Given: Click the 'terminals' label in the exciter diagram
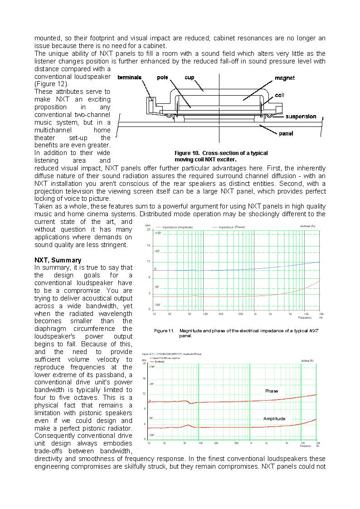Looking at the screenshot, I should pos(130,78).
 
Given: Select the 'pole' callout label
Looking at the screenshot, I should pos(163,78).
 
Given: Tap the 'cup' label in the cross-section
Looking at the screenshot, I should pos(190,78).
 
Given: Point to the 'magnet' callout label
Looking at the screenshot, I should pos(285,78).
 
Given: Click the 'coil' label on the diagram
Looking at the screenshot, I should pos(280,96).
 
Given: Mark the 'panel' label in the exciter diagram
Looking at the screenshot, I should pos(286,133).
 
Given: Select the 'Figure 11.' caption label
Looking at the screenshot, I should pos(164,331).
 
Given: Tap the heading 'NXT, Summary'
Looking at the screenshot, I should pos(58,260).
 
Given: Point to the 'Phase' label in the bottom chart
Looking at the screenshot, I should pos(272,391).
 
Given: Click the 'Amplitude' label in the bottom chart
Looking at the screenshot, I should pos(274,419).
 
